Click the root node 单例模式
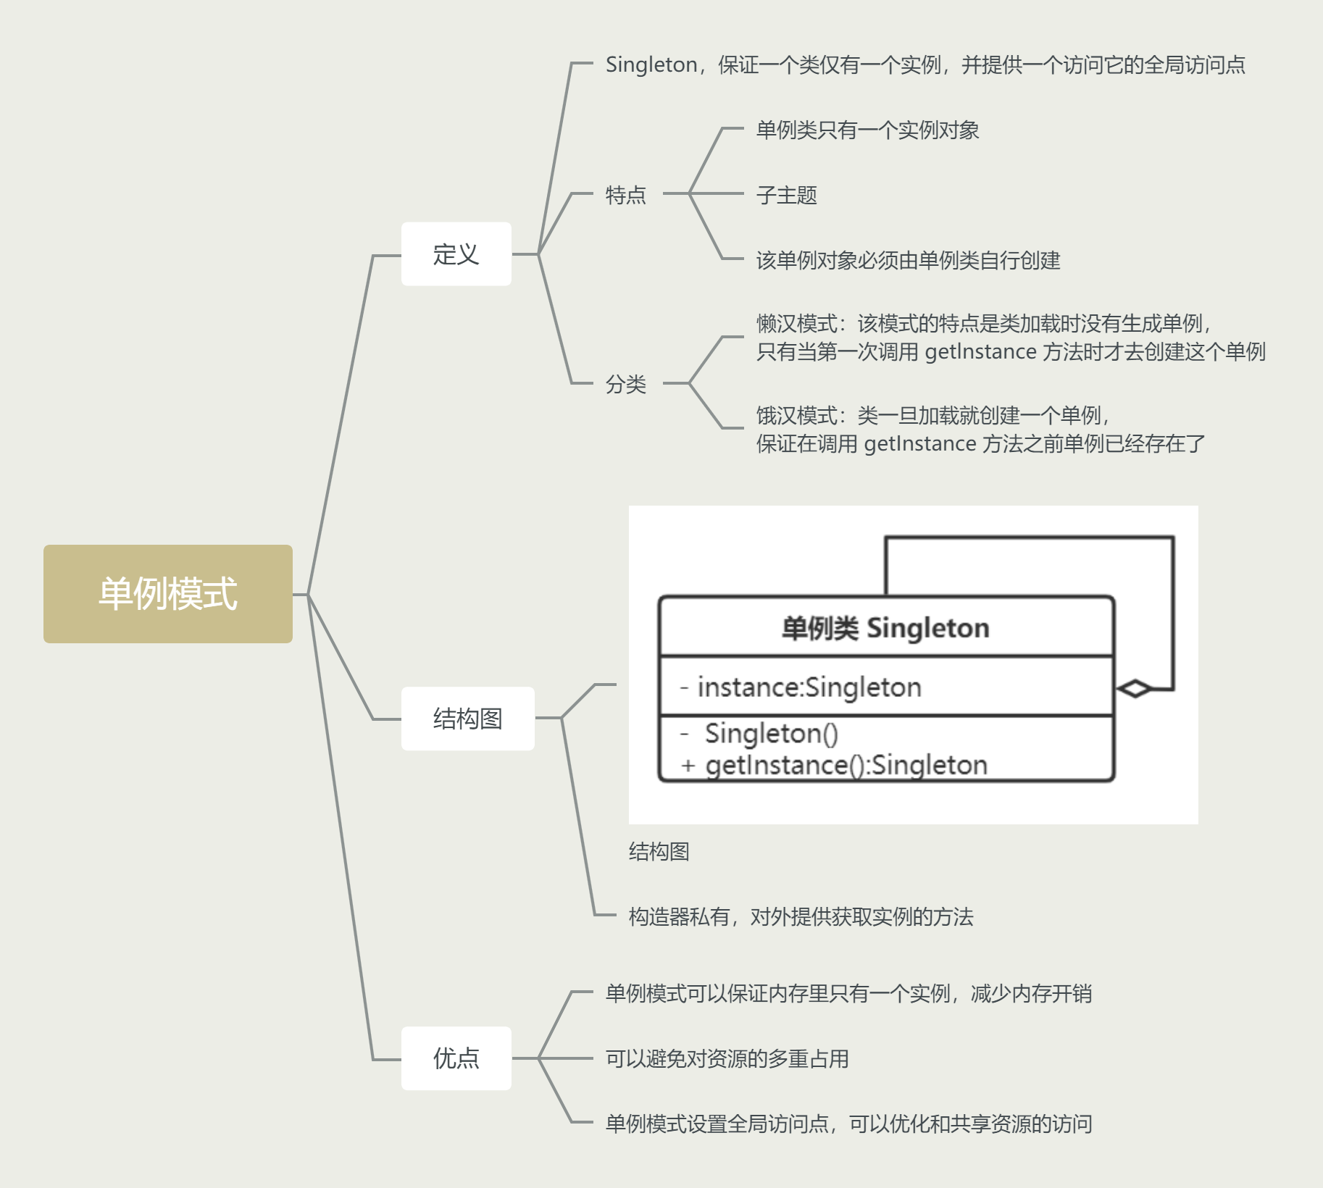pos(167,594)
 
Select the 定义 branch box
pos(456,254)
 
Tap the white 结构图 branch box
pos(467,719)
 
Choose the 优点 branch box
pos(456,1058)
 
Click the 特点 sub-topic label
pos(625,195)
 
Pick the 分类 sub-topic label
pos(625,384)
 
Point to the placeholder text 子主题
pos(786,195)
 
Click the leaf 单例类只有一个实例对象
pos(867,130)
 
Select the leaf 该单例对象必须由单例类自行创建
pos(908,260)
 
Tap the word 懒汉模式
pos(796,323)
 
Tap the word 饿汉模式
pos(796,416)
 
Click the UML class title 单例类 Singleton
pos(885,628)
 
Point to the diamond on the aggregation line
pos(1134,689)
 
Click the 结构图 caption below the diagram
pos(659,852)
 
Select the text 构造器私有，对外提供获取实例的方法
pos(801,917)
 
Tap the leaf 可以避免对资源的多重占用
pos(727,1059)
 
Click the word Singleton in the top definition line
pos(651,65)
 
